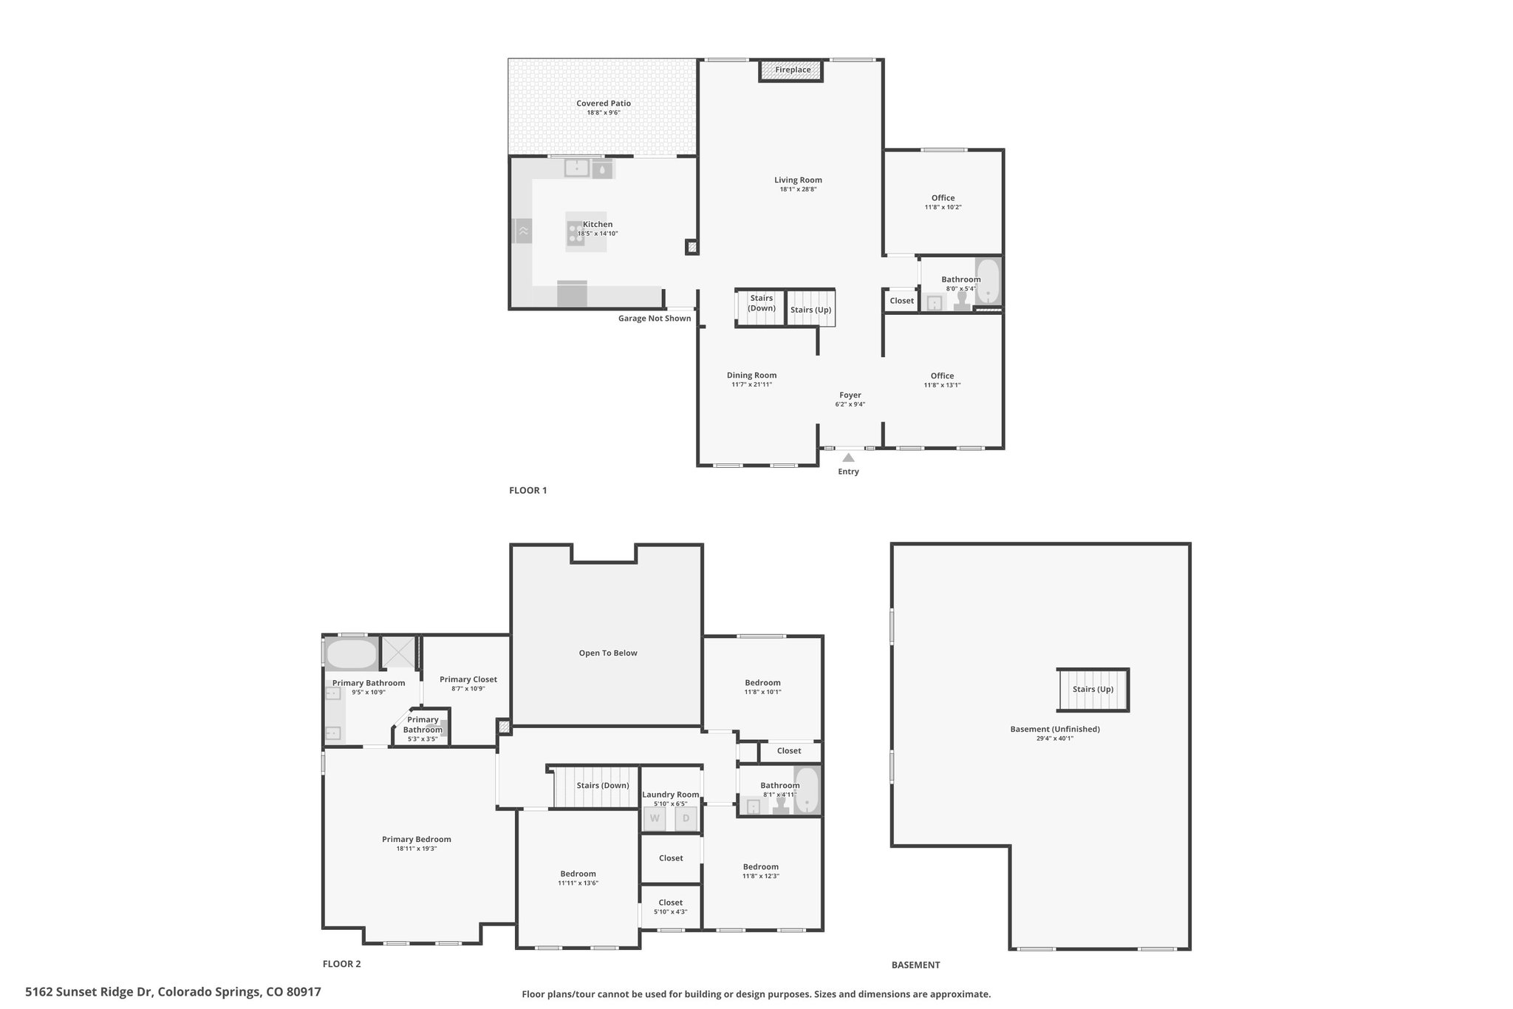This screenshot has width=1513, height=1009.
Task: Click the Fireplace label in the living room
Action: [x=793, y=70]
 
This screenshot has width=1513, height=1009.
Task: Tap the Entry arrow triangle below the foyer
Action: [x=848, y=458]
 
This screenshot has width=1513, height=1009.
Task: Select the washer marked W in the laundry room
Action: [x=655, y=818]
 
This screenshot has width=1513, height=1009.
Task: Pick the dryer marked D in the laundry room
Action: [x=686, y=818]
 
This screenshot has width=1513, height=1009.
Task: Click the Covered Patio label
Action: [x=604, y=103]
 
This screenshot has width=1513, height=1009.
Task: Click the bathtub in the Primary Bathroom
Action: [x=352, y=654]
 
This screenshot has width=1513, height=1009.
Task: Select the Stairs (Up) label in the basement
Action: [x=1093, y=689]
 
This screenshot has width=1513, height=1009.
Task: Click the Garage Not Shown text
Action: [x=655, y=319]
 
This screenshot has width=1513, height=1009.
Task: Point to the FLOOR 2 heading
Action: [x=342, y=964]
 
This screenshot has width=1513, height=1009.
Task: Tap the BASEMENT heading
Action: [x=915, y=965]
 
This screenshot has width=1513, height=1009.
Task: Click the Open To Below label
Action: [x=608, y=653]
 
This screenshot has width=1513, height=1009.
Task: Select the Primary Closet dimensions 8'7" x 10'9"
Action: [x=468, y=688]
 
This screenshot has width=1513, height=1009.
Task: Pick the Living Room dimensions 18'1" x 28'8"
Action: [x=798, y=189]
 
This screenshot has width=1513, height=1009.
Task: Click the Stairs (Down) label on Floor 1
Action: [x=762, y=303]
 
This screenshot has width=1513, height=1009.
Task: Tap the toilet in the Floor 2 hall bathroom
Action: [x=779, y=806]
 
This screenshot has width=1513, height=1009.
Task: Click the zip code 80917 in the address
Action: [x=304, y=992]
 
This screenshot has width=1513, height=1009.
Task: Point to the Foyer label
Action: [x=850, y=395]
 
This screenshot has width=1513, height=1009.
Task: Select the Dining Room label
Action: [x=752, y=376]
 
